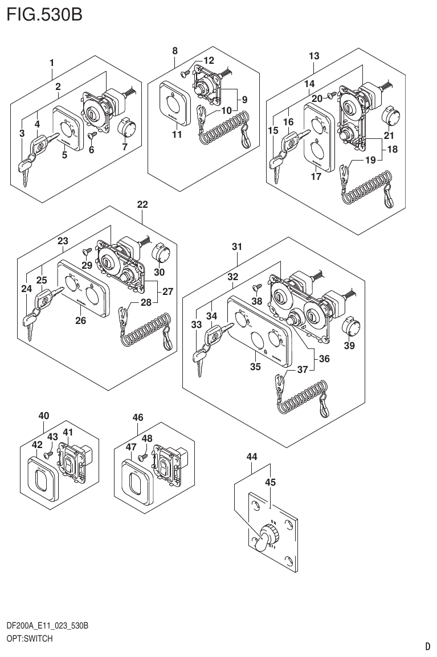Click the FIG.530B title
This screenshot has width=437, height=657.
click(44, 14)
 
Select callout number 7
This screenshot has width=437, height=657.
click(125, 147)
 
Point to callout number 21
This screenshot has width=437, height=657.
click(389, 135)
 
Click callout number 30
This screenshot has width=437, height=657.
click(159, 272)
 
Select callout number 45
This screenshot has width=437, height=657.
click(270, 482)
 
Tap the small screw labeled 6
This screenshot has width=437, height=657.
click(91, 135)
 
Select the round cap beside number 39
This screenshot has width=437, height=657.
click(349, 328)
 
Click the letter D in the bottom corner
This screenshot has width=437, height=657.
click(427, 646)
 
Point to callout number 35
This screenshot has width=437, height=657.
click(255, 367)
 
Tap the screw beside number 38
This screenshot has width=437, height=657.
click(257, 288)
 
